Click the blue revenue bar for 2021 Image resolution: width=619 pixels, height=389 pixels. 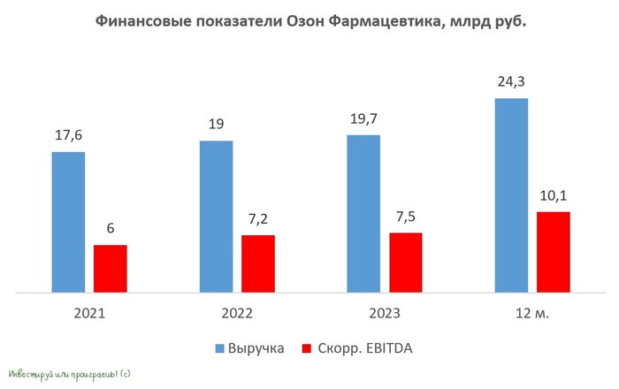tap(68, 221)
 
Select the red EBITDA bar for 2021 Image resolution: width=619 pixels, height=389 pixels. tap(111, 268)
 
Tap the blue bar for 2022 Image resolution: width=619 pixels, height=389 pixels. tap(216, 216)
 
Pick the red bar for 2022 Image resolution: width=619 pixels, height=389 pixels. tap(257, 263)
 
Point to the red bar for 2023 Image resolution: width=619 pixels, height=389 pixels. tap(405, 262)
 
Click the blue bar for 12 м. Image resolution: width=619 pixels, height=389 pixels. tap(511, 194)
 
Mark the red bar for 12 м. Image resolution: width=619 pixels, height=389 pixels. tap(553, 251)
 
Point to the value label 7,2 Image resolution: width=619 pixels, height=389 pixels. tap(257, 219)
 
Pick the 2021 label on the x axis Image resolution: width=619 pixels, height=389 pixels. tap(89, 314)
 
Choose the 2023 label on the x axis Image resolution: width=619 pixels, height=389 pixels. tap(384, 314)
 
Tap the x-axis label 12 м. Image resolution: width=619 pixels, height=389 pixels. tap(531, 314)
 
